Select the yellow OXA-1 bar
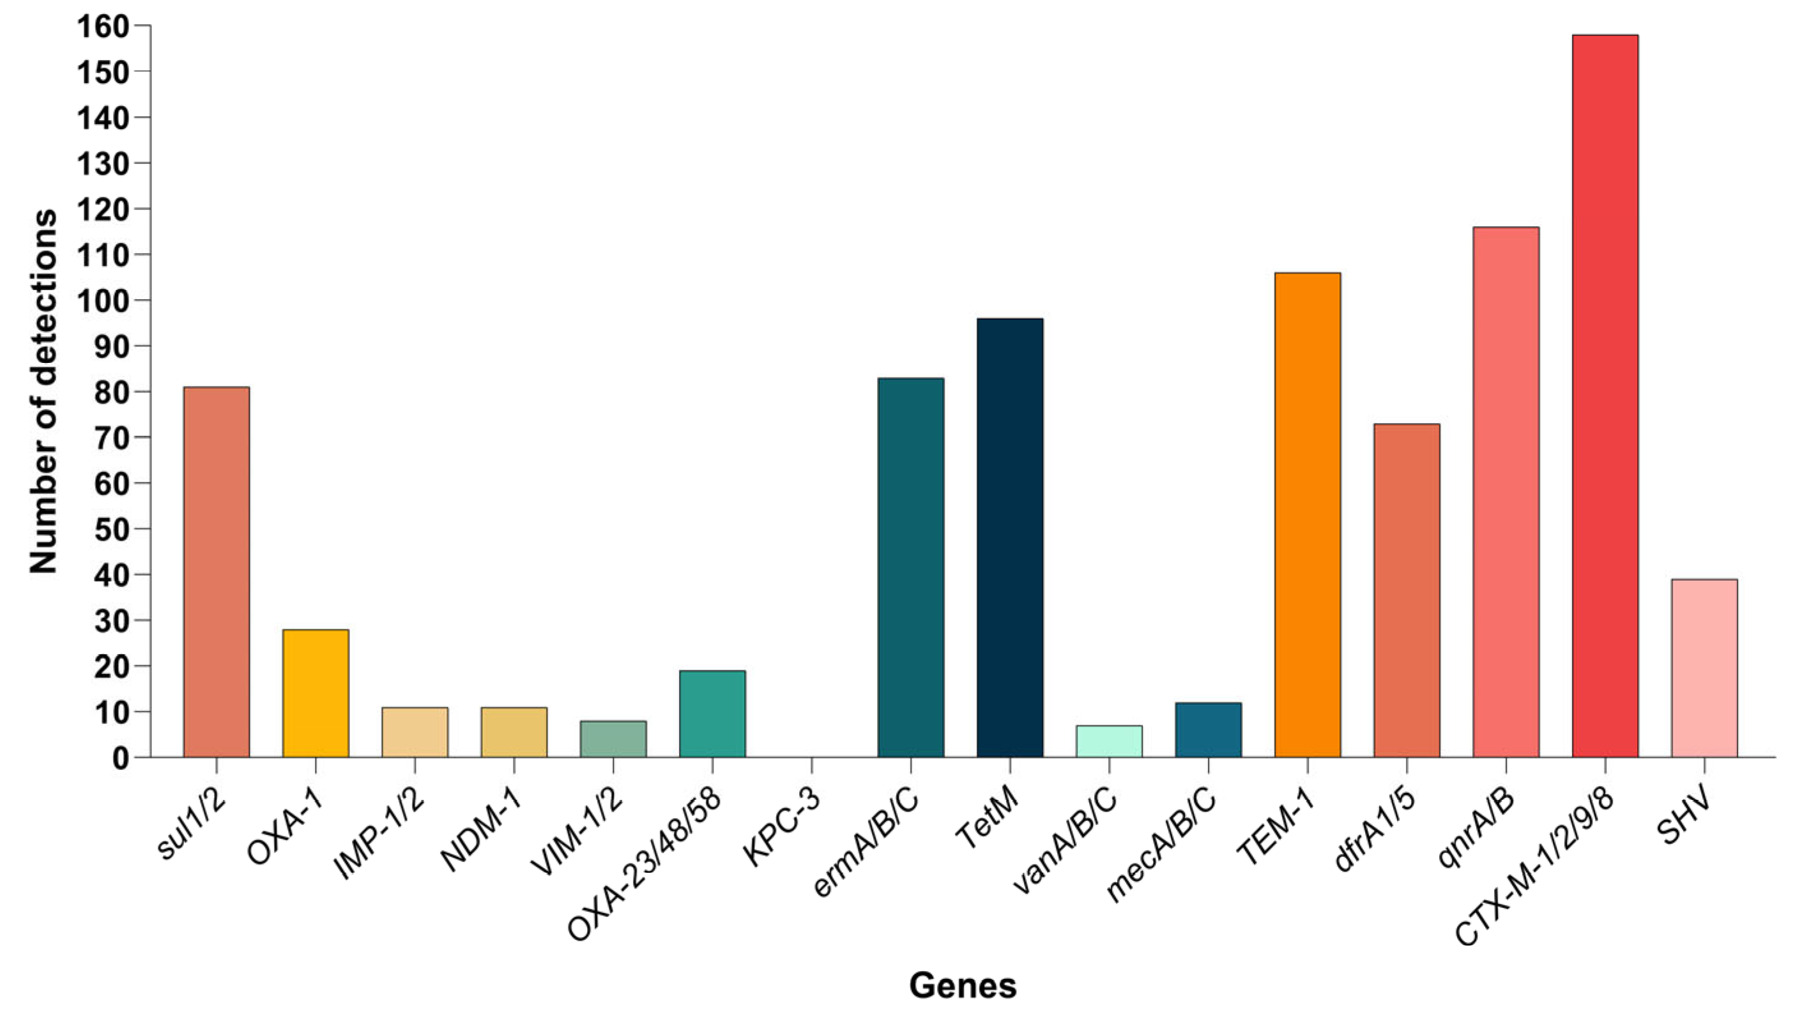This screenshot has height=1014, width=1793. click(x=316, y=693)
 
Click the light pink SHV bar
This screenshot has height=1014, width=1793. click(x=1704, y=668)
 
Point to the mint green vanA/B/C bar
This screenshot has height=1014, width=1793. click(x=1109, y=742)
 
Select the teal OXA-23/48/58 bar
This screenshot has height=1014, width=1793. click(x=712, y=714)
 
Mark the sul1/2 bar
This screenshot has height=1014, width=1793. click(x=217, y=572)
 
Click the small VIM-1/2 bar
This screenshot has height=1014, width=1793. click(x=613, y=739)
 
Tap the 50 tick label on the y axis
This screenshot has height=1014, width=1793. click(x=111, y=529)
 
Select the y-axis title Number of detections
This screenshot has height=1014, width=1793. click(x=43, y=392)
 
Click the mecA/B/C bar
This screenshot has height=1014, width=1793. click(x=1208, y=730)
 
